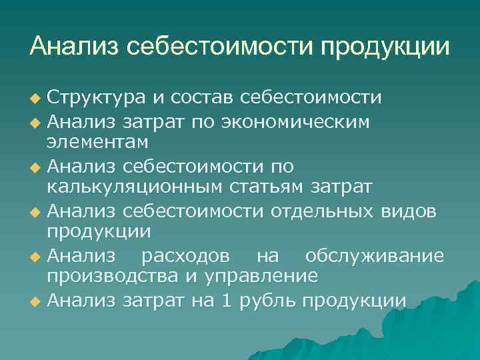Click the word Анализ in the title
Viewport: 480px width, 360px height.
point(74,47)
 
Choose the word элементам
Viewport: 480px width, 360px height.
point(97,143)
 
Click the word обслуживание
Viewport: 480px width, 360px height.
point(374,256)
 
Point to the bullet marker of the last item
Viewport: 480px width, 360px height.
point(36,301)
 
